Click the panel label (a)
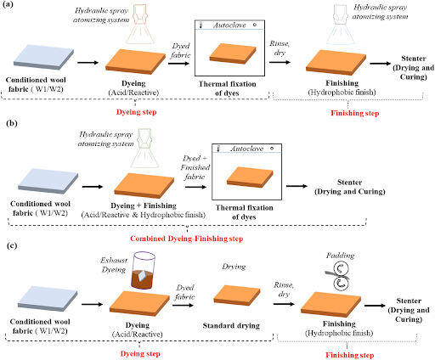[x=8, y=4]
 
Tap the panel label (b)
[x=12, y=123]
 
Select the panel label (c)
[x=12, y=245]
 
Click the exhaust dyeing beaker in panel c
[x=144, y=270]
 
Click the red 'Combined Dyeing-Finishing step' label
[x=187, y=239]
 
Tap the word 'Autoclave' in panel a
[x=229, y=25]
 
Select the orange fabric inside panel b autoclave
[x=250, y=177]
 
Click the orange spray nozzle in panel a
[x=140, y=25]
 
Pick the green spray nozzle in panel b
[x=144, y=149]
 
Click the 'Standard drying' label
[x=231, y=326]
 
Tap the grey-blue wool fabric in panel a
[x=44, y=57]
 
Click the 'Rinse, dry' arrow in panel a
[x=280, y=62]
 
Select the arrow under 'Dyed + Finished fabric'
[x=195, y=187]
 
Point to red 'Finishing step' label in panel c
[x=350, y=355]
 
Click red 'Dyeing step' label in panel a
[x=137, y=112]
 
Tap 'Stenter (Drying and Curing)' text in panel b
[x=350, y=187]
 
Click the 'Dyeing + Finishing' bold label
[x=144, y=205]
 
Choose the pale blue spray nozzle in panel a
[x=341, y=25]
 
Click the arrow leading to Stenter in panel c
[x=375, y=306]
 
